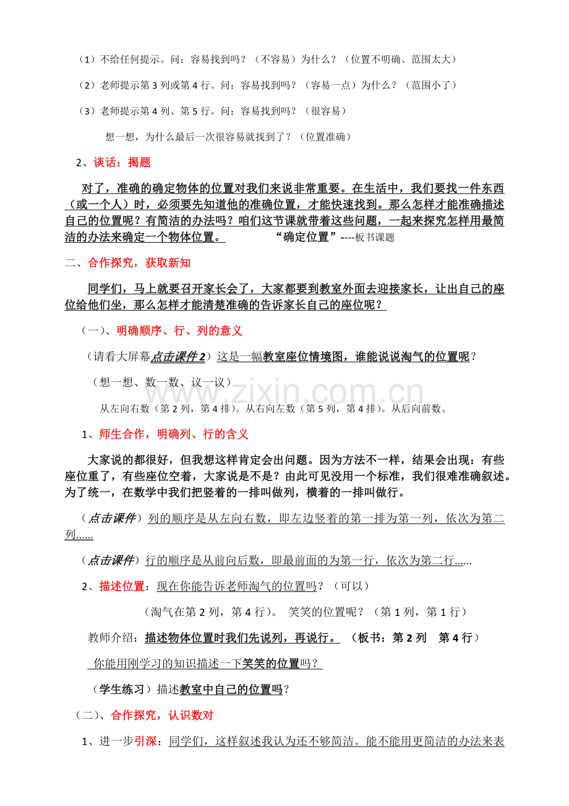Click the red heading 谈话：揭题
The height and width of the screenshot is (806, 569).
(x=122, y=163)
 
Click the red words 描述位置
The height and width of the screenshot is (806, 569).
(x=121, y=586)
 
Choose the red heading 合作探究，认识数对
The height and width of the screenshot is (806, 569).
(x=162, y=715)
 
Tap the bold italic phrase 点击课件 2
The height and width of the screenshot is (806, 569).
(x=179, y=356)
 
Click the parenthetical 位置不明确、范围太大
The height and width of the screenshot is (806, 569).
(x=403, y=59)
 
